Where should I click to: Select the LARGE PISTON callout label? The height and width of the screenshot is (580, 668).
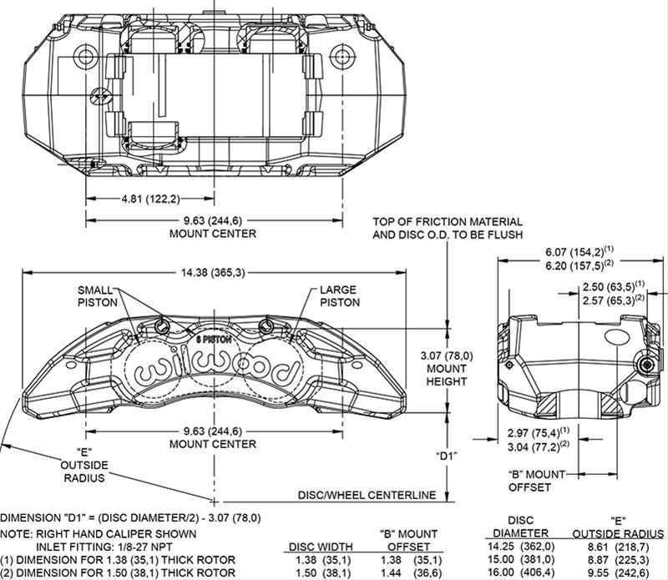[338, 296]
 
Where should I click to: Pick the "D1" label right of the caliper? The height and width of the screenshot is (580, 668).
[448, 456]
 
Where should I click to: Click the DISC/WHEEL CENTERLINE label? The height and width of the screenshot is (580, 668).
[367, 495]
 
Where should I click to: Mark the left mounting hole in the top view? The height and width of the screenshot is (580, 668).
[86, 56]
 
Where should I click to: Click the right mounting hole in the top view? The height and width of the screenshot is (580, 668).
[342, 56]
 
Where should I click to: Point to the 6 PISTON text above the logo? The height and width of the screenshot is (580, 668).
[213, 340]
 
